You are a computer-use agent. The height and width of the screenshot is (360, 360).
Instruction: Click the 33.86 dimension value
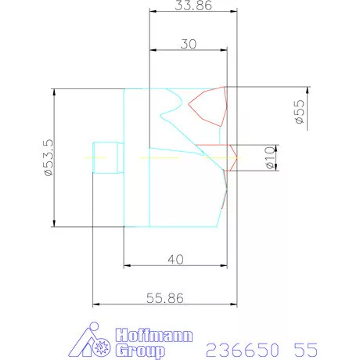pos(193,5)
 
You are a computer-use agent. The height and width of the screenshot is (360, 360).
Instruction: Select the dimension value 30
pos(189,44)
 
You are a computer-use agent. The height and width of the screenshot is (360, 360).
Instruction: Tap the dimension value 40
pos(175,260)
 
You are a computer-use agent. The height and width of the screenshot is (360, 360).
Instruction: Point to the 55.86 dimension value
pos(165,298)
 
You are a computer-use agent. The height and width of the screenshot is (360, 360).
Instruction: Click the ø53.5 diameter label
pos(49,157)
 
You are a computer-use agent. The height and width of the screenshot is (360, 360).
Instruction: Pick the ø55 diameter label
pos(299,112)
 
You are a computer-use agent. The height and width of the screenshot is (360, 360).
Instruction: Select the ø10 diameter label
pos(270,157)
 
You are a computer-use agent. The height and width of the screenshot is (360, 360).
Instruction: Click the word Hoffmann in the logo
pos(154,335)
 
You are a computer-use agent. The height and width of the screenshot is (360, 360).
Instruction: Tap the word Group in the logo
pos(140,351)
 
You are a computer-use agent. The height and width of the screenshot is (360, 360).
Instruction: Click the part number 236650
pos(243,350)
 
